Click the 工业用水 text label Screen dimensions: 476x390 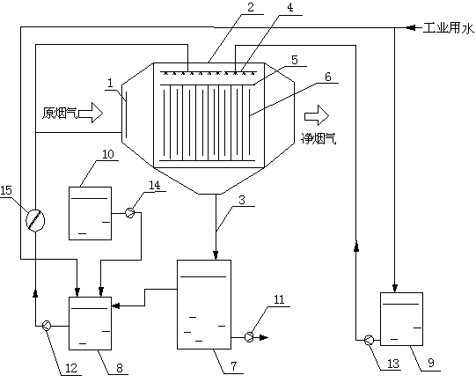[449, 28]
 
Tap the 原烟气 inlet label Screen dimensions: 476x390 [60, 113]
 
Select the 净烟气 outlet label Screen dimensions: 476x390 [319, 138]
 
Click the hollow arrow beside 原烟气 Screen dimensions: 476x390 [91, 113]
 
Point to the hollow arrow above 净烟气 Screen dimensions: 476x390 [317, 115]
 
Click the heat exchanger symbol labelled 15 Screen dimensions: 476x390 [35, 220]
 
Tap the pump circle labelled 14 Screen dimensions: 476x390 [130, 213]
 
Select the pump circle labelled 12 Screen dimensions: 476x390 [47, 326]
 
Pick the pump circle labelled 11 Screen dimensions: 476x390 [249, 337]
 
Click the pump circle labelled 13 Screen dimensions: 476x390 [369, 340]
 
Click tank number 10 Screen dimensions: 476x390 [90, 213]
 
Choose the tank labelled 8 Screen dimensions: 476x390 [90, 323]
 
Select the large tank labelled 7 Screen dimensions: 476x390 [204, 305]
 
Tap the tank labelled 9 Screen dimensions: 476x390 [401, 319]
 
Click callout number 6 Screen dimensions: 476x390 [328, 77]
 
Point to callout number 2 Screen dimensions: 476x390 [251, 7]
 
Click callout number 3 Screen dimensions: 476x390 [242, 200]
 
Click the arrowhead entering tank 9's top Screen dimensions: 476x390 [395, 288]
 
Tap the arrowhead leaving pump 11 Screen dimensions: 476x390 [264, 337]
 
